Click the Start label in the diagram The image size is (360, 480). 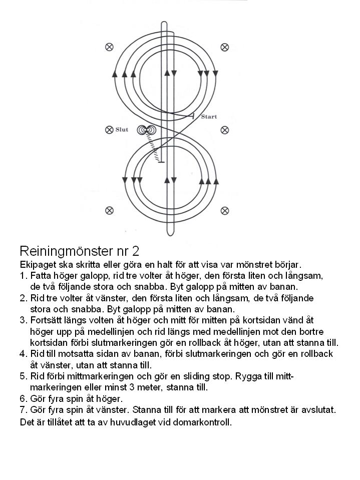click(x=209, y=117)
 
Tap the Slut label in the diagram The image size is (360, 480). click(x=122, y=130)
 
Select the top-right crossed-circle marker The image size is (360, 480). click(x=225, y=47)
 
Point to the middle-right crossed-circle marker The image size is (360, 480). click(x=225, y=130)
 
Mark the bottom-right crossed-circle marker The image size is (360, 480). click(x=225, y=210)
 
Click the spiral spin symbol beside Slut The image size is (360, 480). click(x=146, y=130)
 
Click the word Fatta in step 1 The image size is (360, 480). click(x=41, y=276)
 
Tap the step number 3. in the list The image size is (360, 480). click(x=23, y=320)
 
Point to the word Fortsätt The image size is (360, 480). click(x=48, y=320)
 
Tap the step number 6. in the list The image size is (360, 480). click(x=23, y=399)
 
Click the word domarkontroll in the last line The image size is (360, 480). click(x=203, y=422)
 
